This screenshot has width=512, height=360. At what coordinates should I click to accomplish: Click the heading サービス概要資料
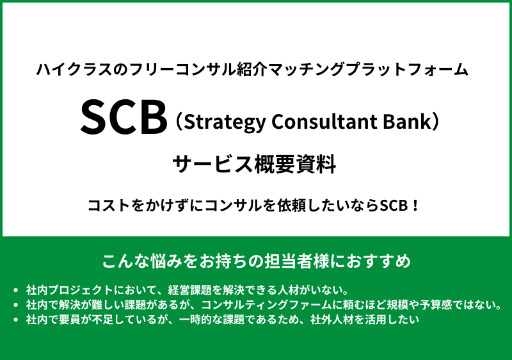pyautogui.click(x=255, y=164)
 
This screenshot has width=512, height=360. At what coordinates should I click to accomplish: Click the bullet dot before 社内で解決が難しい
pyautogui.click(x=15, y=304)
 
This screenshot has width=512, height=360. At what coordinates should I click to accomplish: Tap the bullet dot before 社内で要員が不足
pyautogui.click(x=15, y=319)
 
